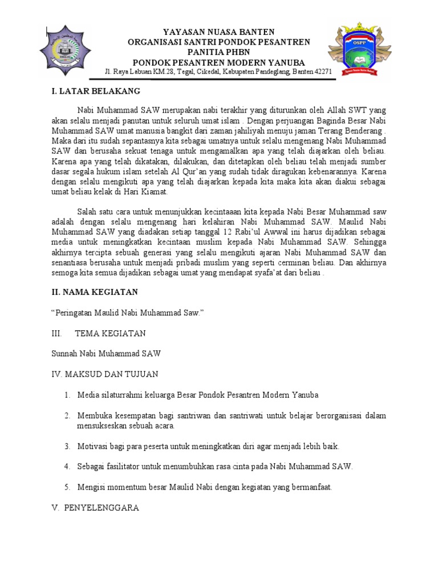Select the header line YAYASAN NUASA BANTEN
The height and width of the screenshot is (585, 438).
pos(219,32)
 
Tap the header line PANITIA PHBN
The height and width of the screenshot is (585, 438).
pos(219,52)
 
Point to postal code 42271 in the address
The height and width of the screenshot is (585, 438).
pos(322,72)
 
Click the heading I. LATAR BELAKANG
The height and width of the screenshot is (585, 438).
pos(96,91)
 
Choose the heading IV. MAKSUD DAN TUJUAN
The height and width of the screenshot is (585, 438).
pos(105,374)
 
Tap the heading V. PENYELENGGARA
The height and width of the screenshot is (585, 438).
pos(95,507)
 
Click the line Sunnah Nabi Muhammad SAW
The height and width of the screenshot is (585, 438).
pos(106,354)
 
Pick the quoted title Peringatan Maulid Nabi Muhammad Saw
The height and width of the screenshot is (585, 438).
pos(127,312)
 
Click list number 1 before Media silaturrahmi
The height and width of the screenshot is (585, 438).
pos(67,395)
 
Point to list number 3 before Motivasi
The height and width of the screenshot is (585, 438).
pos(67,446)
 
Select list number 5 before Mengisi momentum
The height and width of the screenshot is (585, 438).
pos(67,487)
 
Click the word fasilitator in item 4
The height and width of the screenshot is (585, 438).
pos(124,466)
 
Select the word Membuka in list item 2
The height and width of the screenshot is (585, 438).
pos(94,415)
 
